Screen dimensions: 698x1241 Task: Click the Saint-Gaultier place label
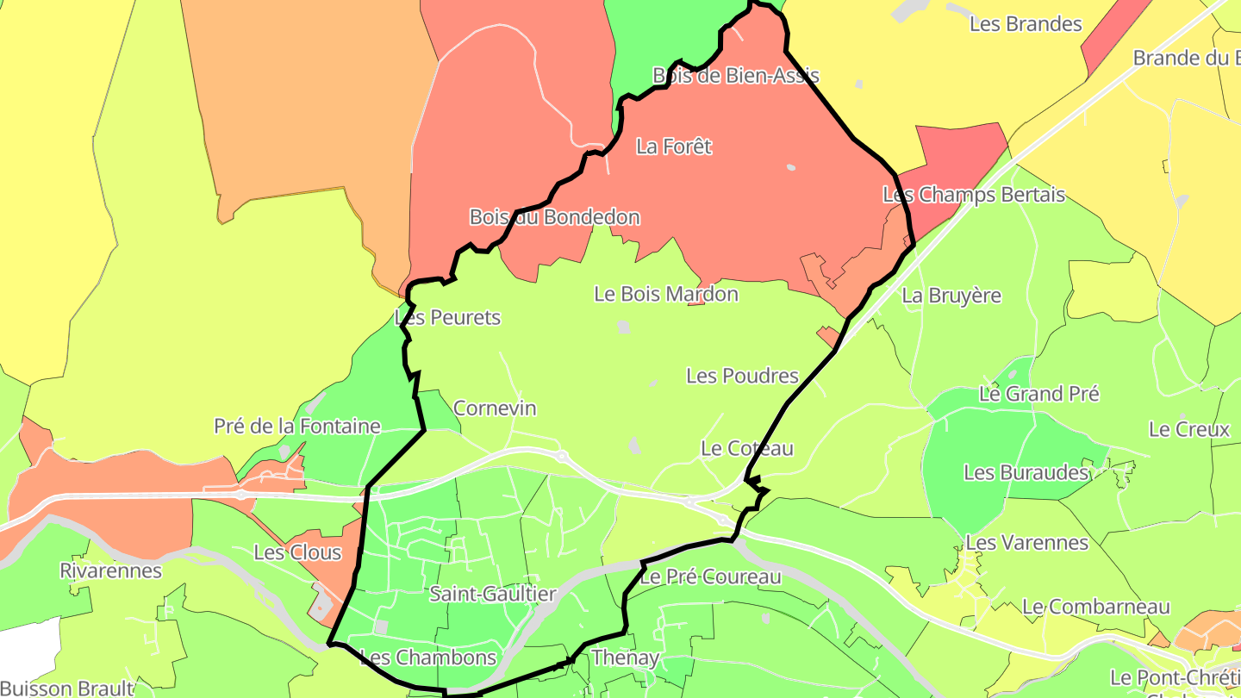[493, 594]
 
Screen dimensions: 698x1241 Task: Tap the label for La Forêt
[674, 146]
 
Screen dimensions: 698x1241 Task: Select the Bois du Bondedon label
[554, 217]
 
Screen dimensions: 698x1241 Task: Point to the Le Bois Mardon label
[666, 294]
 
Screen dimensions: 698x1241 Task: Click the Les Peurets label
[448, 318]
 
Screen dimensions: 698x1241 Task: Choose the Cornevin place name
[495, 408]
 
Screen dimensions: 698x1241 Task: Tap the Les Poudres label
[742, 376]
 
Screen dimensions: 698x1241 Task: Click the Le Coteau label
[747, 448]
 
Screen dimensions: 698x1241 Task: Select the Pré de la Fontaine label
[297, 427]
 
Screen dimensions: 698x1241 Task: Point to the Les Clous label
[297, 552]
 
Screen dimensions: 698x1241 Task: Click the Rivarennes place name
[110, 570]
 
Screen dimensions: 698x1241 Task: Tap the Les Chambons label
[428, 658]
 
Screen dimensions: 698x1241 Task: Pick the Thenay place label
[625, 658]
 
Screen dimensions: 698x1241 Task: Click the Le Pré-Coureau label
[710, 576]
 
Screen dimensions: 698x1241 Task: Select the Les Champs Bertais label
[974, 195]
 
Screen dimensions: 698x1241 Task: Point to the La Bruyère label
[951, 296]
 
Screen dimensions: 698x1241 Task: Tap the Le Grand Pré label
[1039, 395]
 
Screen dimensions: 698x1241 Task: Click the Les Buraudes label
[1026, 472]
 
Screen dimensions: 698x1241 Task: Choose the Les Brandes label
[1026, 24]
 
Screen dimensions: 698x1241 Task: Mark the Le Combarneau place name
[1096, 607]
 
